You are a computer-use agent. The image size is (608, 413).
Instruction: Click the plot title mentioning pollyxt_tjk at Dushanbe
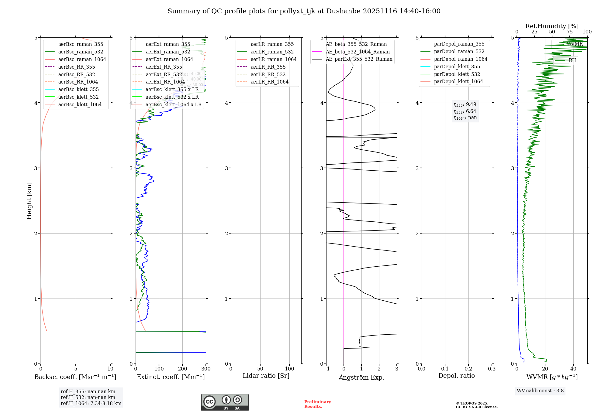[304, 11]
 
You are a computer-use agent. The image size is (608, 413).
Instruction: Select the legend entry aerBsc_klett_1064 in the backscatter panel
[80, 104]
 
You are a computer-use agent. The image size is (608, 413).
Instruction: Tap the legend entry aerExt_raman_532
[168, 52]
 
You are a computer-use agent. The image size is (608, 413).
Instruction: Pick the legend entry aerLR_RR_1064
[269, 82]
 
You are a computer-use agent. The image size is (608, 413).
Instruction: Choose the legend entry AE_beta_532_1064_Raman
[358, 52]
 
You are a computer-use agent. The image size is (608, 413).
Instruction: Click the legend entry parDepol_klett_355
[457, 67]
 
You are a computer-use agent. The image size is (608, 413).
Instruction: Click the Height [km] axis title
[29, 200]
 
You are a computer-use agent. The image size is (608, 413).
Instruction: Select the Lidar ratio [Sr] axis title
[266, 376]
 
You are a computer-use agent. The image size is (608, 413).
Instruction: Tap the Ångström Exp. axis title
[361, 377]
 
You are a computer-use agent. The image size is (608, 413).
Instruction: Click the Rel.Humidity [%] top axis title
[552, 26]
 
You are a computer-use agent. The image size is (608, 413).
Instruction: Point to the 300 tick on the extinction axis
[206, 369]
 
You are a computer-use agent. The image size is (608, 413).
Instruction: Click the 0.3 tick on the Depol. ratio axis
[492, 369]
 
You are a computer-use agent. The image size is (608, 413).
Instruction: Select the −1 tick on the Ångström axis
[326, 369]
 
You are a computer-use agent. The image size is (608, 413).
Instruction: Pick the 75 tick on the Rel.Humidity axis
[569, 32]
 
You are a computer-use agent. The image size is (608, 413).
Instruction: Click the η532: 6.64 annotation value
[465, 111]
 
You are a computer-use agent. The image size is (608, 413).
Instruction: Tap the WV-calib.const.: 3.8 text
[540, 391]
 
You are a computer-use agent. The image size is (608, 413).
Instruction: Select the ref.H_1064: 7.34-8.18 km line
[91, 404]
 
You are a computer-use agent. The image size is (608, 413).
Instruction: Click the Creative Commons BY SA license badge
[225, 402]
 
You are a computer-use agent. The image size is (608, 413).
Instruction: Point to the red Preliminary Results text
[317, 404]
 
